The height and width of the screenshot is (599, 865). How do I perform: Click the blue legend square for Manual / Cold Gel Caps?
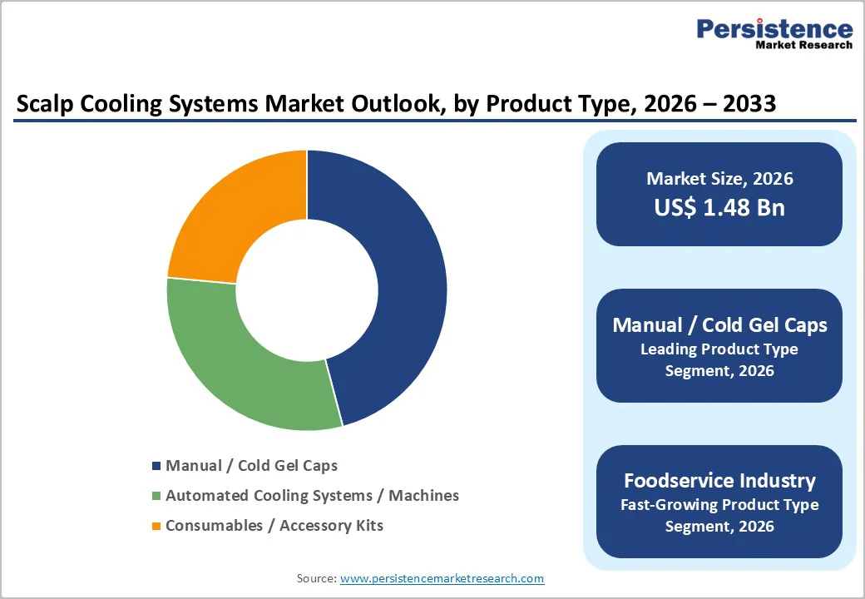156,466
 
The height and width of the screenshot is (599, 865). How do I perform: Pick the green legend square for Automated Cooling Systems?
156,496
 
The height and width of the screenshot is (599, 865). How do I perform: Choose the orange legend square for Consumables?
156,526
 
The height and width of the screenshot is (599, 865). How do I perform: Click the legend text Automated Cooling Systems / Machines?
312,496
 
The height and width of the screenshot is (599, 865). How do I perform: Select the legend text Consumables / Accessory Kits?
274,526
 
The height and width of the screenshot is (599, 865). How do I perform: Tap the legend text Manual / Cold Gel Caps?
251,466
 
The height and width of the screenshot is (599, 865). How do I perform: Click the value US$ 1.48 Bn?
719,207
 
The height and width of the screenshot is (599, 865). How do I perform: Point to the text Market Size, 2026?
719,179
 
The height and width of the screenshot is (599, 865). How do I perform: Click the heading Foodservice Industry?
719,481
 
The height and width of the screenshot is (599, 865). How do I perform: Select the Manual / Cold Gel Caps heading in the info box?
719,325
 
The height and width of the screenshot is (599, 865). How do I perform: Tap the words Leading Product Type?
719,349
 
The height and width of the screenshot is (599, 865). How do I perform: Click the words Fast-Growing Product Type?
719,505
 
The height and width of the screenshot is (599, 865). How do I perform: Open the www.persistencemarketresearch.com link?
442,578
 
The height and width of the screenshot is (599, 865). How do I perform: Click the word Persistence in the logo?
774,29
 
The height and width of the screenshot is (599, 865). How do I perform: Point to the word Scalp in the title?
44,104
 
